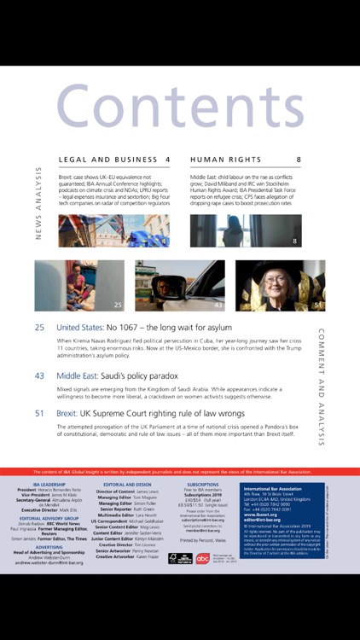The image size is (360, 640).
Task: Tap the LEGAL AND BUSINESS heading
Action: [105, 160]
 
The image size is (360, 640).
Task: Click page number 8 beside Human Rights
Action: [299, 160]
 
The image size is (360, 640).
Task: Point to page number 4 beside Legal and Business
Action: [167, 160]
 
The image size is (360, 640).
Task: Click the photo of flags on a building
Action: [113, 230]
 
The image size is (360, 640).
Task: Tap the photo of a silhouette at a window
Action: [246, 230]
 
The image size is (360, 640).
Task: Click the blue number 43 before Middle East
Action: [39, 375]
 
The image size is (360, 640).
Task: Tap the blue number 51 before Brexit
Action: [39, 413]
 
